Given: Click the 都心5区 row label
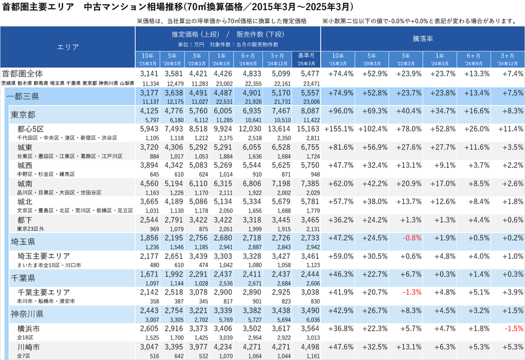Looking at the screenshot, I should click(x=30, y=129).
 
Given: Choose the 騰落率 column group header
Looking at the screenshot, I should click(x=423, y=40).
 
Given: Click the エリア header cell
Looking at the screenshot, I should click(x=68, y=48).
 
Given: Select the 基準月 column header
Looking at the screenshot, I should click(x=306, y=58).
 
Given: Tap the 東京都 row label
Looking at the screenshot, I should click(x=23, y=115).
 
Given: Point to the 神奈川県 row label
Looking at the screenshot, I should click(x=27, y=310).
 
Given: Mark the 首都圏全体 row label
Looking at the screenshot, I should click(x=23, y=74).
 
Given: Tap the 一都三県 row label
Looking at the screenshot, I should click(x=22, y=96).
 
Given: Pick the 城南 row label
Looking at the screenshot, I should click(x=25, y=183).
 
